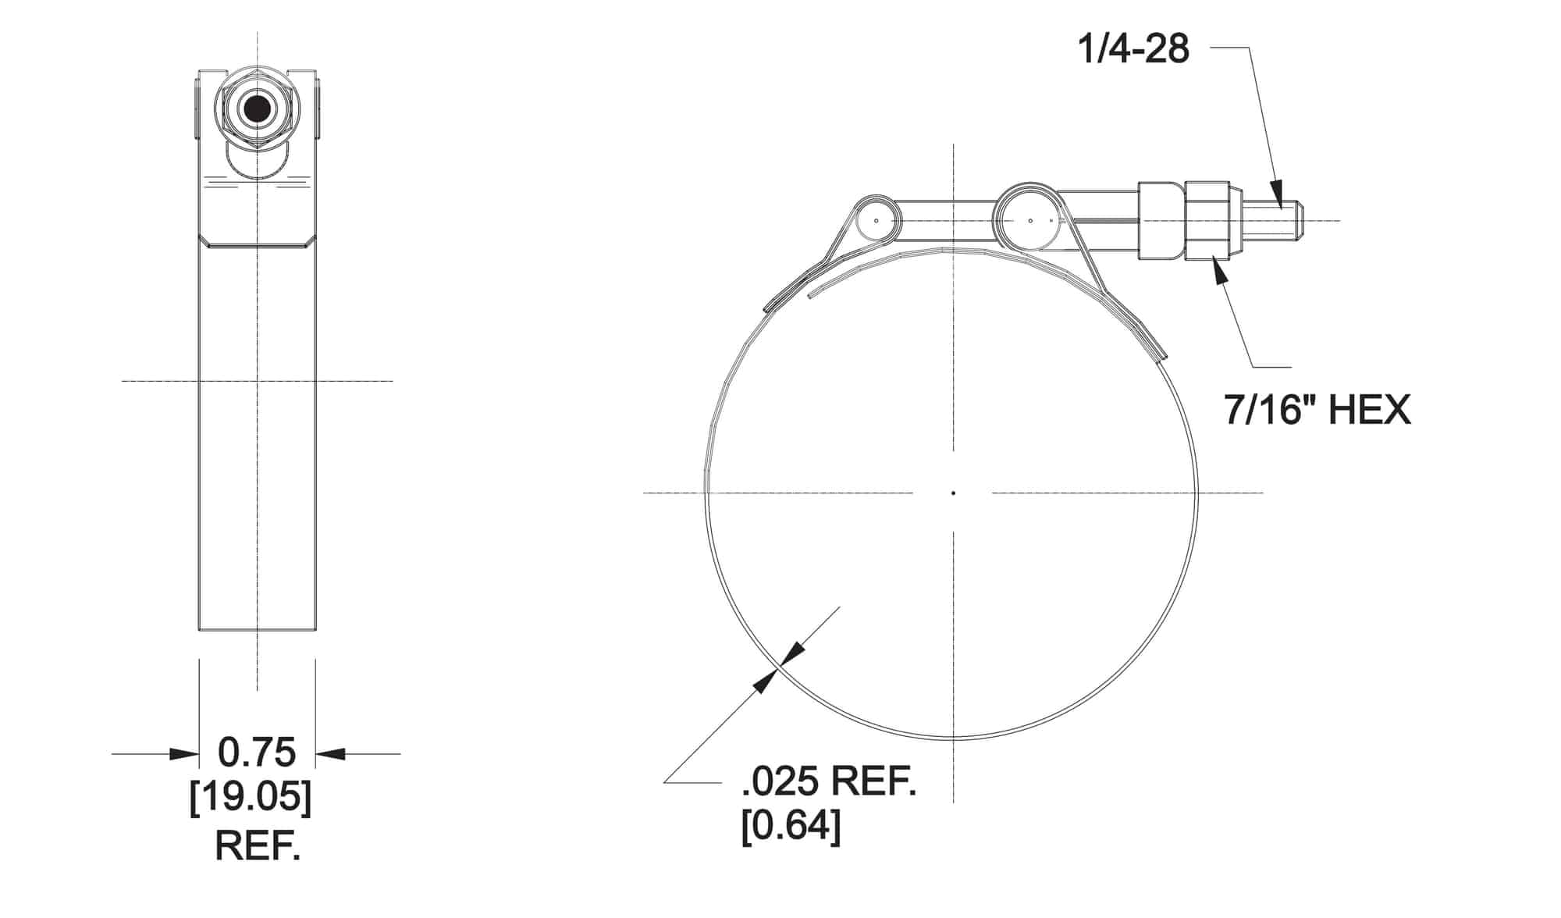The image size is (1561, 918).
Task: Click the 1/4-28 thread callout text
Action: [x=1133, y=48]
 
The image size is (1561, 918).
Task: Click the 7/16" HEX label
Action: [x=1317, y=409]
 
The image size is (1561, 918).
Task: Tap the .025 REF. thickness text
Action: [x=828, y=781]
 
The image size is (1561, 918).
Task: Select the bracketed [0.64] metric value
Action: [x=791, y=826]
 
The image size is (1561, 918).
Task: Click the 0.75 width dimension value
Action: [x=257, y=753]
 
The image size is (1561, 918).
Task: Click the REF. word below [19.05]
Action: [x=257, y=845]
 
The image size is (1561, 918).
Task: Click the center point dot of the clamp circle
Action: [x=953, y=493]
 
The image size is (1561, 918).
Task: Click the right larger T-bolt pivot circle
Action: [x=1029, y=220]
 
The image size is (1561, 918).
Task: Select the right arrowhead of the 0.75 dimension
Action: [x=329, y=753]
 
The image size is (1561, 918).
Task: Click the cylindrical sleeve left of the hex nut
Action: [x=1161, y=220]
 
